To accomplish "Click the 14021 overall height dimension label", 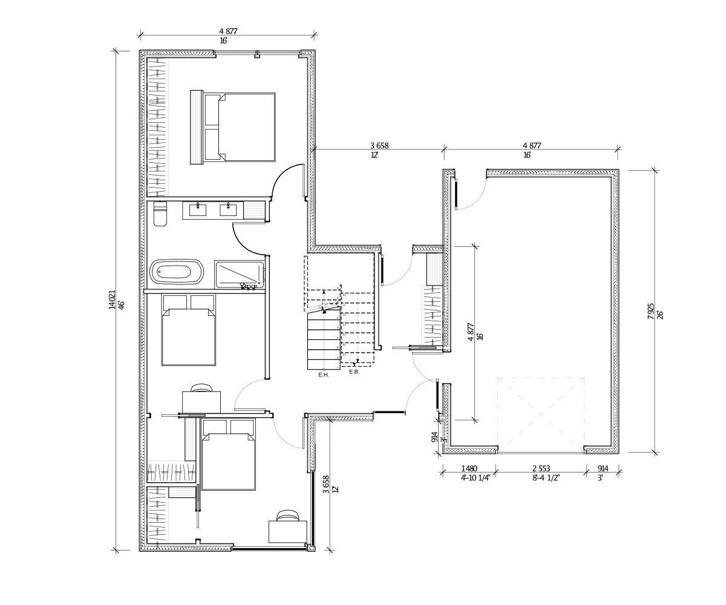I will pyautogui.click(x=112, y=301).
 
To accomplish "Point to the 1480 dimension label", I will pyautogui.click(x=469, y=468).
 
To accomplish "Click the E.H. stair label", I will pyautogui.click(x=323, y=375).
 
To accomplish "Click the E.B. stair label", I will pyautogui.click(x=355, y=371).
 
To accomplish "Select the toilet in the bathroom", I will pyautogui.click(x=160, y=215).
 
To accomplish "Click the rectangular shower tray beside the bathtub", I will pyautogui.click(x=239, y=274).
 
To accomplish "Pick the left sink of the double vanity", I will pyautogui.click(x=198, y=210).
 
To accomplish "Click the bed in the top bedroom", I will pyautogui.click(x=240, y=127).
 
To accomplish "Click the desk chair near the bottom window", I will pyautogui.click(x=287, y=516).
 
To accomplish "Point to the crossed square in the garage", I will pyautogui.click(x=541, y=415).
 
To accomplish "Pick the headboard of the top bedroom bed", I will pyautogui.click(x=196, y=127).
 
